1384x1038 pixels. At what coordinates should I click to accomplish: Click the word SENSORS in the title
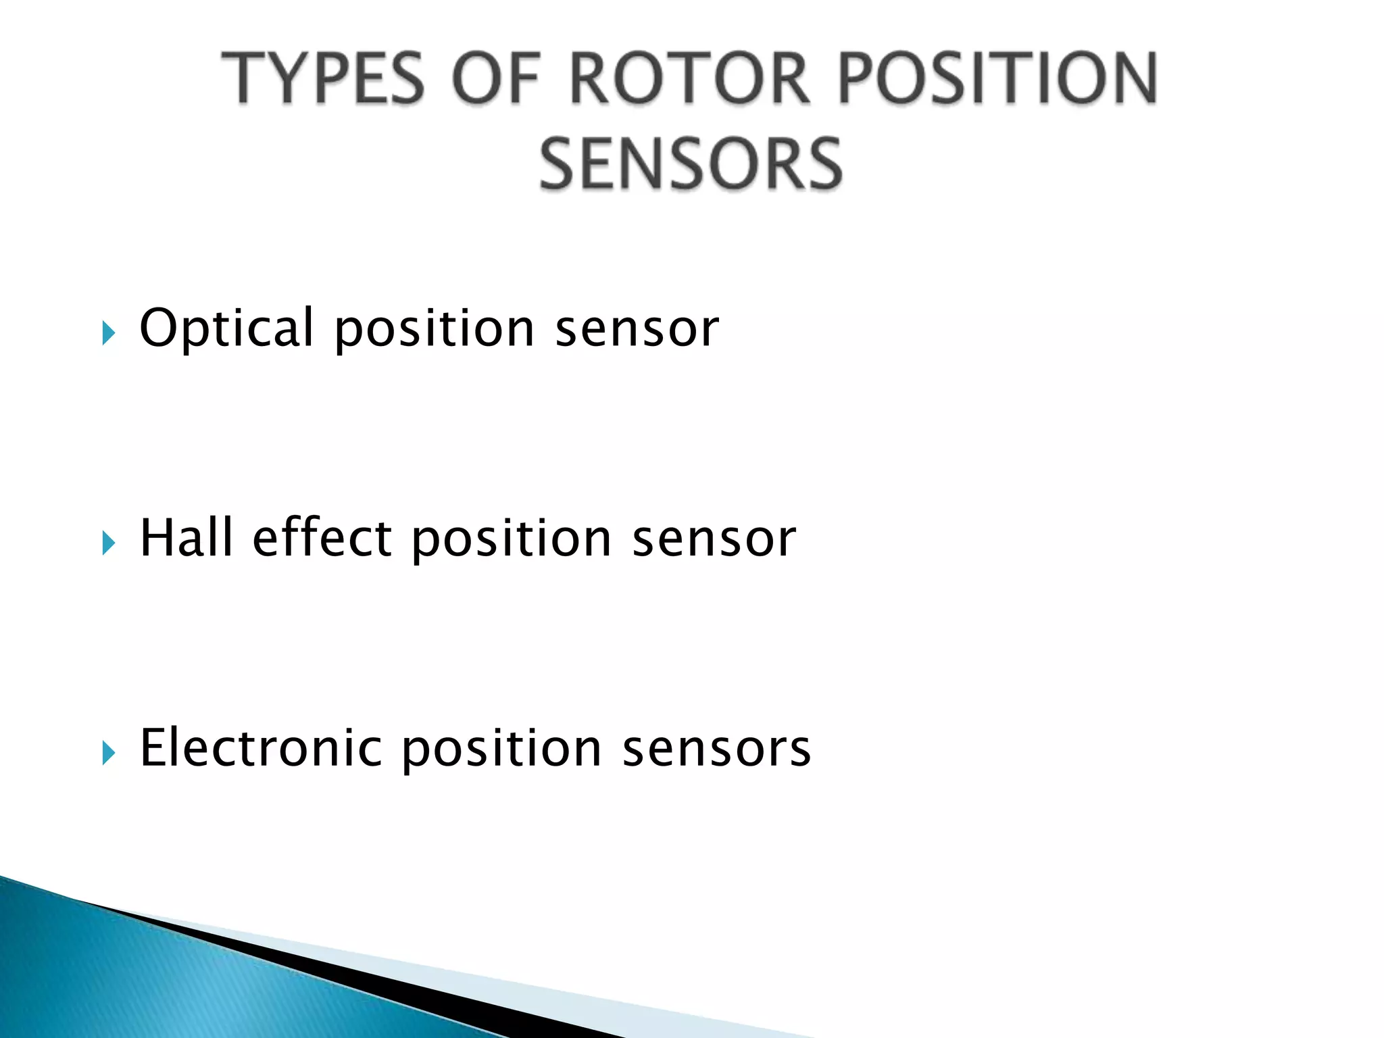pos(691,164)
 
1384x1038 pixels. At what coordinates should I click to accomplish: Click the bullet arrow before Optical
pos(108,333)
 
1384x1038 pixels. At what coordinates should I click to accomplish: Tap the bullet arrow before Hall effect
pos(108,543)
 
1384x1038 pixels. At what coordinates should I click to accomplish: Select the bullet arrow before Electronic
pos(108,752)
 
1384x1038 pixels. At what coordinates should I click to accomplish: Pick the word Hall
pos(186,538)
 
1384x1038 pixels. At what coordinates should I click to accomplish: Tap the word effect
pos(322,538)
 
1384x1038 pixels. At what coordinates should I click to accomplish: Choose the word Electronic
pos(261,748)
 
